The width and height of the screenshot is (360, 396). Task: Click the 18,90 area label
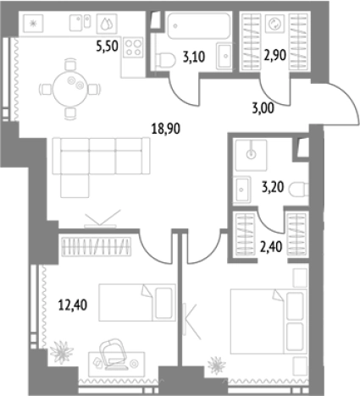tap(166, 129)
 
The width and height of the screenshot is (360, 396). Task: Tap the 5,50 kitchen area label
tap(107, 47)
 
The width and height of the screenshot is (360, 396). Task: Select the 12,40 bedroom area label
tap(73, 305)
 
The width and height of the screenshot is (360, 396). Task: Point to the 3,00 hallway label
tap(263, 108)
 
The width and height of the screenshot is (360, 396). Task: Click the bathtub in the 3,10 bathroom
tap(199, 25)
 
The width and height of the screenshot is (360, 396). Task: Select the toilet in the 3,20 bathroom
tap(299, 189)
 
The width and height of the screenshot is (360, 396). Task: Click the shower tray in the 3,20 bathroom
tap(251, 155)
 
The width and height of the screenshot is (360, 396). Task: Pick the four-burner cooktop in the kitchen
tap(133, 47)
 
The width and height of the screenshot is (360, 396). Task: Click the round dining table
tap(70, 89)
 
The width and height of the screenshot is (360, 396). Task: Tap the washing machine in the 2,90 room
tap(274, 24)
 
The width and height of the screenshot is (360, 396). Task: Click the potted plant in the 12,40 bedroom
tap(62, 352)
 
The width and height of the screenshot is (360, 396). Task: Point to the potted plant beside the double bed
tap(217, 366)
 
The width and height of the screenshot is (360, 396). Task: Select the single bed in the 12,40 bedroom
tap(136, 302)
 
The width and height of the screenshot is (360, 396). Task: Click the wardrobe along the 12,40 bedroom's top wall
tap(97, 247)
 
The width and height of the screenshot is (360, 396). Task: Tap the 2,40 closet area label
tap(271, 247)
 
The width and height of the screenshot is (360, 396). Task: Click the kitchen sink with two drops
tap(107, 24)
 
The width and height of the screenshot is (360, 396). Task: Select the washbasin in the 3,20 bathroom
tap(241, 190)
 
